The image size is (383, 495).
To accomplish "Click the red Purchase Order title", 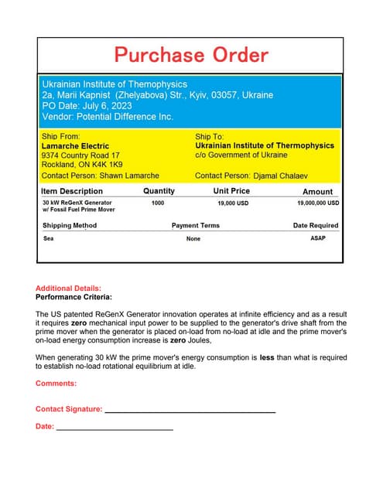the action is coord(191,55).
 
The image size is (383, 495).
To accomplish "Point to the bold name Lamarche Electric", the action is coord(75,145).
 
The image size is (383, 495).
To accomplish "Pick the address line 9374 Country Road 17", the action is coord(80,155).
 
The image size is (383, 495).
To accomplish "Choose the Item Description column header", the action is coord(71,191).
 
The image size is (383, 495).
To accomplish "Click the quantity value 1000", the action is coord(158,203).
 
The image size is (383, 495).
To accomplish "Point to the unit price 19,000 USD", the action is coord(232,203).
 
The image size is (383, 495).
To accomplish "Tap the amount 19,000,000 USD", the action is coord(318,203).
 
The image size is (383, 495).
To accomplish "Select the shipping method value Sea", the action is coord(48,239).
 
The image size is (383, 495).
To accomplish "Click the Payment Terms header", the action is coord(195,226).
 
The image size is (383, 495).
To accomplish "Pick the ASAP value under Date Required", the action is coord(317,238).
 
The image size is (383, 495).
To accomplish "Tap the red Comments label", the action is coord(56,383).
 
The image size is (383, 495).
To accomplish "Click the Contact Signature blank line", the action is coord(190,411).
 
